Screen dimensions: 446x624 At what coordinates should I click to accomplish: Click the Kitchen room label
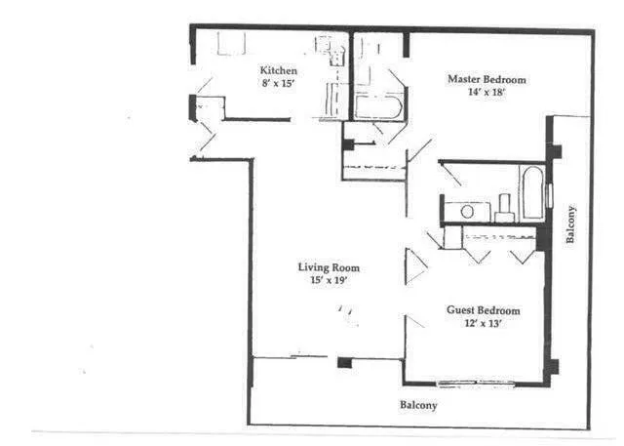tap(278, 70)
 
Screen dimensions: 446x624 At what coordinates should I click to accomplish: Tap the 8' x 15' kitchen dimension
tap(278, 84)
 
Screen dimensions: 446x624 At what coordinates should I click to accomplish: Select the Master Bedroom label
tap(487, 79)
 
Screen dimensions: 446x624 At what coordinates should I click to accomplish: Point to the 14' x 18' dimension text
tap(487, 93)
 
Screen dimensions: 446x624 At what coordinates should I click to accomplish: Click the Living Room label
tap(330, 267)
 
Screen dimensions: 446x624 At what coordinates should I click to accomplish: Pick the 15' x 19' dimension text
tap(330, 281)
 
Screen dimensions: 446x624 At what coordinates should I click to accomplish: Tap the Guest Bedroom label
tap(483, 310)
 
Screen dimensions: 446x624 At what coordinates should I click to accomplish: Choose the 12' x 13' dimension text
tap(483, 324)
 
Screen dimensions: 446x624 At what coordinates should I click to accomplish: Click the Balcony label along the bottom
tap(418, 405)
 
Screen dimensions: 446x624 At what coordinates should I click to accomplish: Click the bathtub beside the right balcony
tap(531, 192)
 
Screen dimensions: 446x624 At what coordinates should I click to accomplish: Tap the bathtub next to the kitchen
tap(378, 106)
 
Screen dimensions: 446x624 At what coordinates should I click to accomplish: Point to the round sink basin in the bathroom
tap(467, 210)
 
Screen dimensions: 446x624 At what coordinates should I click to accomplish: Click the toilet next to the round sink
tap(504, 208)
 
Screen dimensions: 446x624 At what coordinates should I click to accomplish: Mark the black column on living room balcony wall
tap(343, 363)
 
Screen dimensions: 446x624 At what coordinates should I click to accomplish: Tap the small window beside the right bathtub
tap(550, 194)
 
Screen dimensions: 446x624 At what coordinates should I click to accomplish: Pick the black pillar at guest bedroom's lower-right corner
tap(552, 368)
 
